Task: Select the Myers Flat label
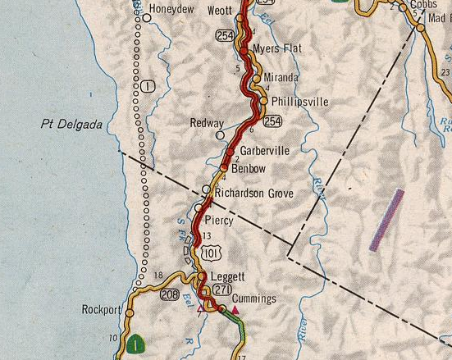pyautogui.click(x=276, y=49)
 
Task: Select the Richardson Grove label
pyautogui.click(x=254, y=194)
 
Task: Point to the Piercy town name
pyautogui.click(x=219, y=221)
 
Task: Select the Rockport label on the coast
pyautogui.click(x=101, y=311)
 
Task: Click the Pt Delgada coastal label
pyautogui.click(x=71, y=125)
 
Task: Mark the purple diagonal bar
pyautogui.click(x=386, y=219)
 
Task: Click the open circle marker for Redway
pyautogui.click(x=220, y=134)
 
